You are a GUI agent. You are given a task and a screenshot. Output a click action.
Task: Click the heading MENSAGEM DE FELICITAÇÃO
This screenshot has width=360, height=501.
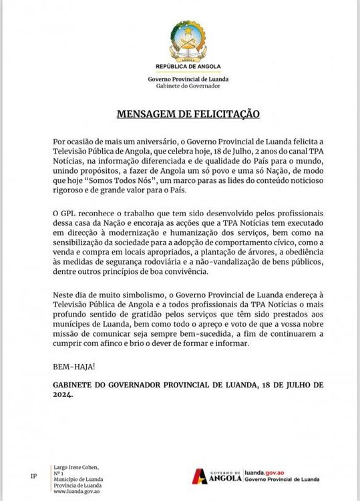(179, 114)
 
